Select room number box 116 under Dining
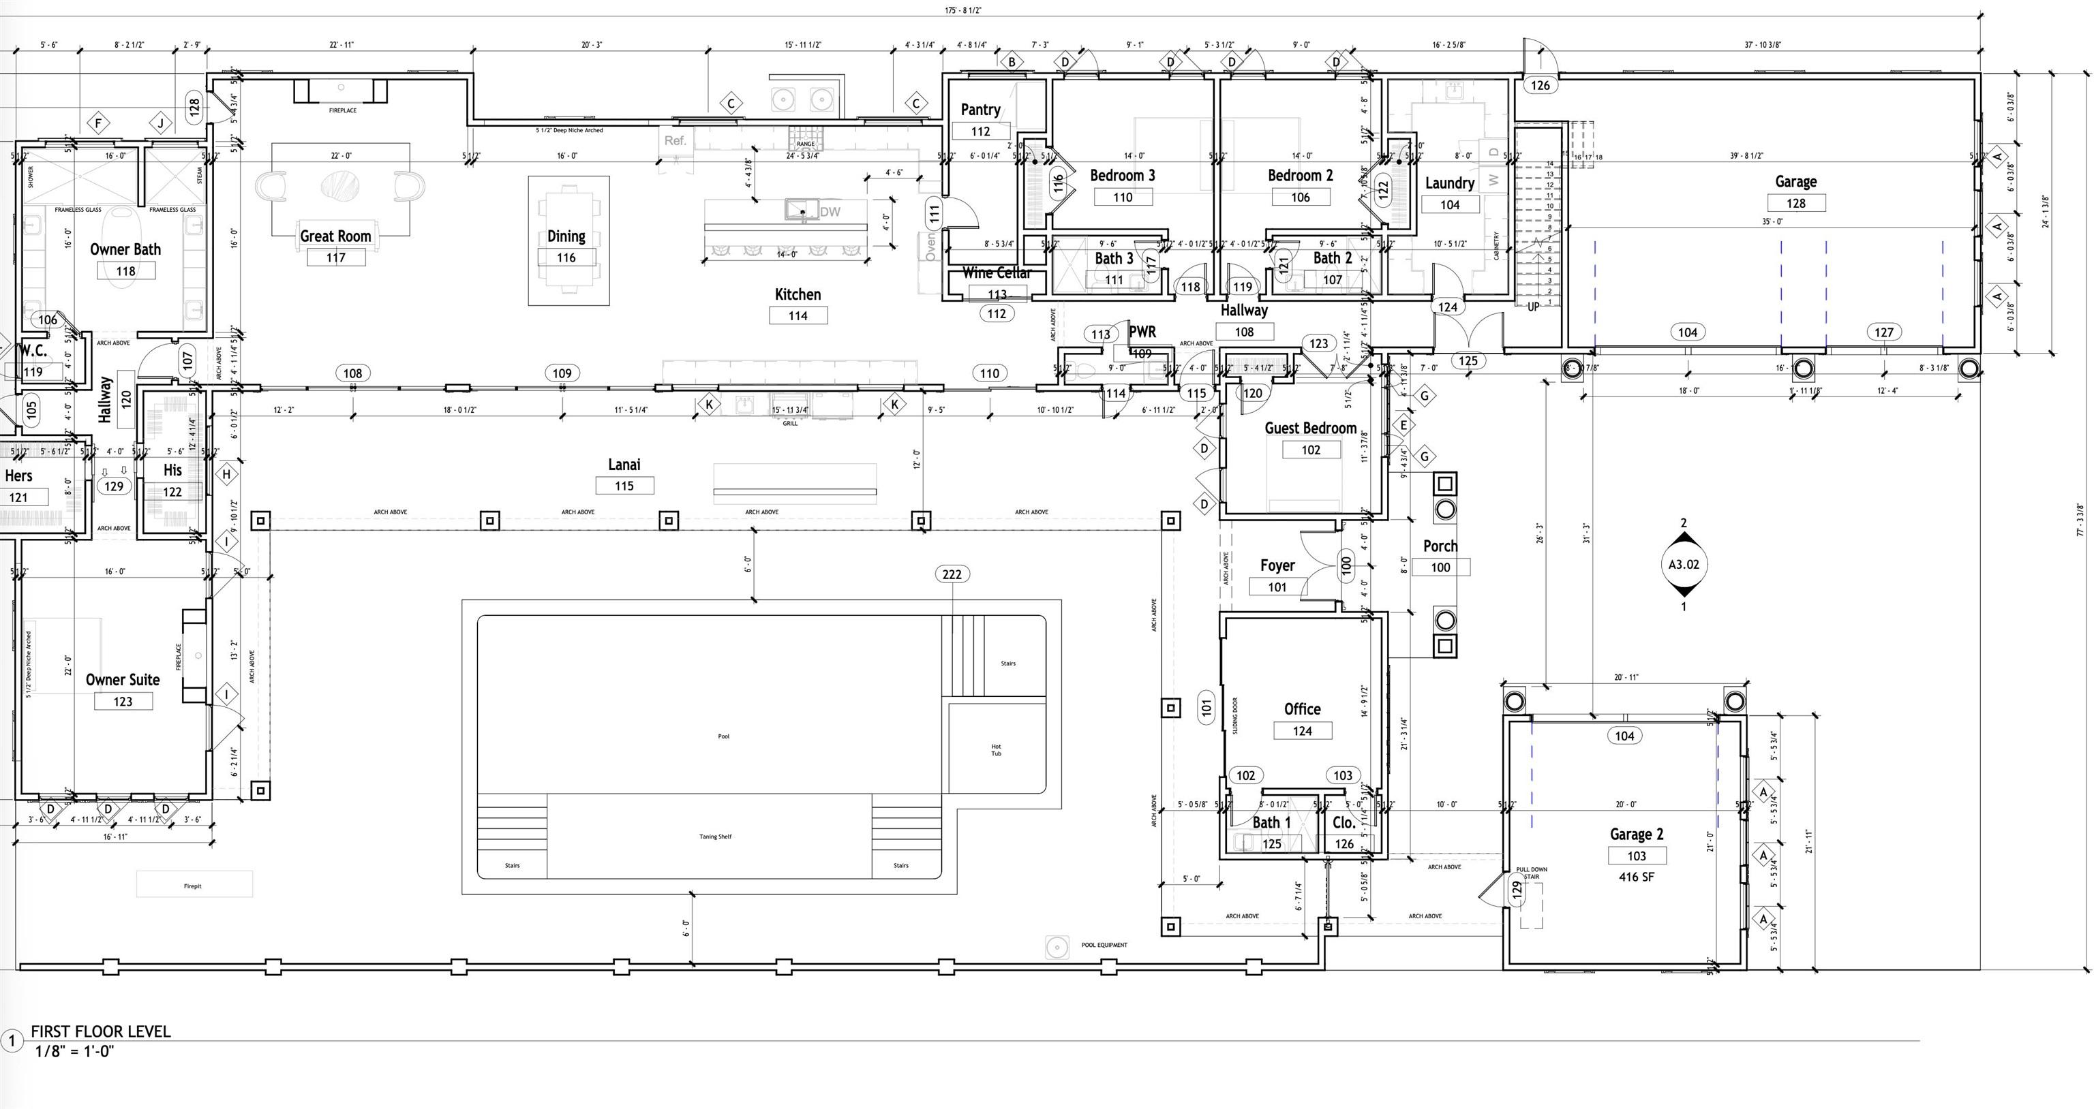pos(566,257)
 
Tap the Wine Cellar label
pos(997,273)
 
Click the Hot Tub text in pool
pos(996,750)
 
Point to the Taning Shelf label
pos(715,836)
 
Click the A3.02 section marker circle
pos(1684,565)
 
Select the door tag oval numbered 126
pos(1540,85)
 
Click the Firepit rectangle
pos(194,885)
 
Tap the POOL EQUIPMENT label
pos(1104,945)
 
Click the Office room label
pos(1301,708)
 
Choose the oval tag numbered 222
pos(951,574)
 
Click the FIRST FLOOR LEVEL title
pos(101,1031)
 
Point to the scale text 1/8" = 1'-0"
pos(75,1051)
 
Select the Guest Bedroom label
pos(1309,428)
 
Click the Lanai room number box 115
pos(624,486)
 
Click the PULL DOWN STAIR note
pos(1532,873)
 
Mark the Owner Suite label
pos(123,679)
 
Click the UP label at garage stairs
pos(1532,307)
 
